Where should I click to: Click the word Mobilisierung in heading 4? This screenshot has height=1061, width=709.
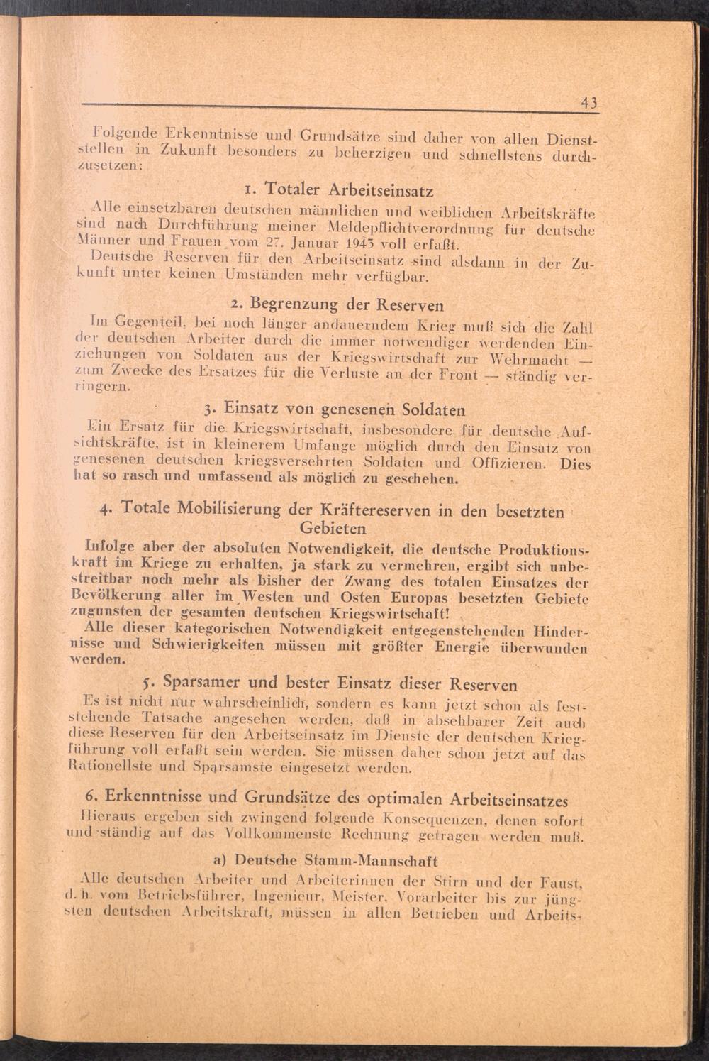click(225, 510)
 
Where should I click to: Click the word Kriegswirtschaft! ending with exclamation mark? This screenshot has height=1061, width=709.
click(400, 613)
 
